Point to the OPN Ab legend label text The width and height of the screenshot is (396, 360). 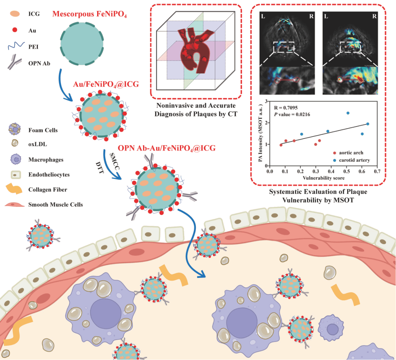click(x=39, y=63)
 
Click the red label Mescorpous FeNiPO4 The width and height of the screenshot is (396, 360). click(x=89, y=15)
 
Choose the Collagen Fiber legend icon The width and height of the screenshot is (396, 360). click(x=15, y=189)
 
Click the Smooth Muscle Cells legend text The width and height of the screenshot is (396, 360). click(x=55, y=204)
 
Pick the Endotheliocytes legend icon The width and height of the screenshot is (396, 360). click(x=15, y=175)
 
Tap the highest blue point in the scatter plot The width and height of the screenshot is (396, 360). click(x=348, y=113)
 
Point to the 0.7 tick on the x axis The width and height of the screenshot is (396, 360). click(x=377, y=170)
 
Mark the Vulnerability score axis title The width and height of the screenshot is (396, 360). click(x=318, y=177)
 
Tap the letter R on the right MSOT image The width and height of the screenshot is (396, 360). click(x=374, y=16)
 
